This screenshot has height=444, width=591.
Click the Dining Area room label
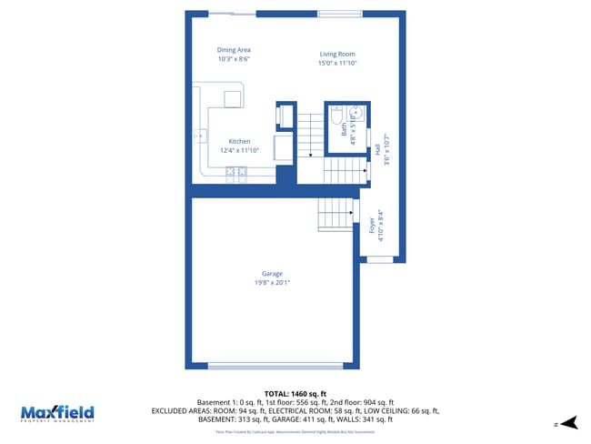pyautogui.click(x=234, y=50)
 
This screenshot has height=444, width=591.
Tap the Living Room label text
pyautogui.click(x=336, y=55)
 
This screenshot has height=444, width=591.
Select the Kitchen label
pyautogui.click(x=239, y=141)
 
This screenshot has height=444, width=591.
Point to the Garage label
pyautogui.click(x=272, y=274)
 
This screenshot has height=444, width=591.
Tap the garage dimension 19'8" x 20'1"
pyautogui.click(x=272, y=282)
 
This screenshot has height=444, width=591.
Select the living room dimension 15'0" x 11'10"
pyautogui.click(x=337, y=64)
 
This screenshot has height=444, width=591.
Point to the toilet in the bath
pyautogui.click(x=336, y=116)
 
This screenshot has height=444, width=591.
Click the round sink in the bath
pyautogui.click(x=356, y=114)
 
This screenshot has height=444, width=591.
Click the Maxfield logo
pyautogui.click(x=57, y=412)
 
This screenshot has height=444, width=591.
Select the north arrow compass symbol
pyautogui.click(x=568, y=422)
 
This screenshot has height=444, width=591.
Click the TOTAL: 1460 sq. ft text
pyautogui.click(x=295, y=394)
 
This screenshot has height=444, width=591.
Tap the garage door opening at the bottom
pyautogui.click(x=272, y=366)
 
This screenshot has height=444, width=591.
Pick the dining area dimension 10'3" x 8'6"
pyautogui.click(x=234, y=59)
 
